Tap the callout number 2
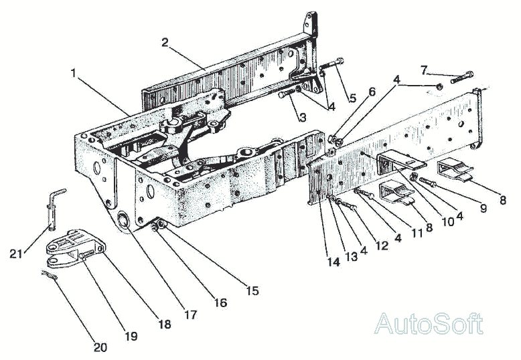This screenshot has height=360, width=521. click(x=163, y=42)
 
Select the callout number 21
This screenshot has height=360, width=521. click(x=17, y=253)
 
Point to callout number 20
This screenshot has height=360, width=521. click(x=100, y=347)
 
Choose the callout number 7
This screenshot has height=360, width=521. click(x=424, y=69)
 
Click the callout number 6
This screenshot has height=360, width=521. click(x=372, y=91)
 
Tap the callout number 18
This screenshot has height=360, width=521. click(x=165, y=324)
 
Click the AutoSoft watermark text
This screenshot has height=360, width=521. click(x=429, y=324)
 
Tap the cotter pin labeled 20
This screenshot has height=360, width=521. click(x=49, y=273)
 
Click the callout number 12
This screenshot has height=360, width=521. click(x=382, y=245)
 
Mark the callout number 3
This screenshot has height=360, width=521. click(x=303, y=118)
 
